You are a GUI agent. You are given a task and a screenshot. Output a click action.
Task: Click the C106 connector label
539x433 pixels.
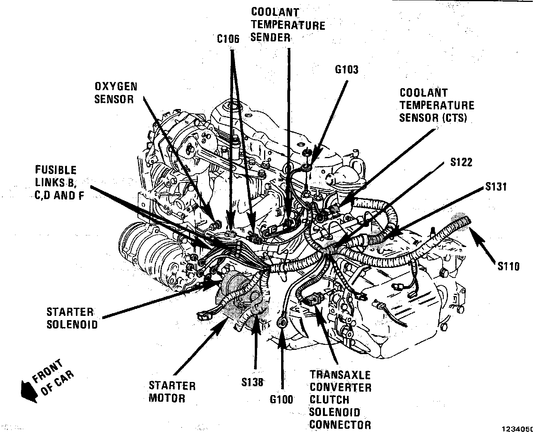pyautogui.click(x=228, y=39)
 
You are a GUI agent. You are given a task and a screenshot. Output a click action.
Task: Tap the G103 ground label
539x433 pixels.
pyautogui.click(x=347, y=70)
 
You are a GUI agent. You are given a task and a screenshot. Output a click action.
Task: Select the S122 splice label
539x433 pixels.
pyautogui.click(x=461, y=162)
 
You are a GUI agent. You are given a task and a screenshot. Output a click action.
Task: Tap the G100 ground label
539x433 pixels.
pyautogui.click(x=282, y=399)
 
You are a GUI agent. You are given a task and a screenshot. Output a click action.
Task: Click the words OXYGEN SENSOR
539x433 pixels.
pyautogui.click(x=116, y=93)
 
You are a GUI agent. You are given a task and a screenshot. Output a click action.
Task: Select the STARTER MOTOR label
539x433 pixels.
pyautogui.click(x=172, y=392)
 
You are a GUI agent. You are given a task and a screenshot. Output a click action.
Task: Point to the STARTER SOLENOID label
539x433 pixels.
pyautogui.click(x=72, y=318)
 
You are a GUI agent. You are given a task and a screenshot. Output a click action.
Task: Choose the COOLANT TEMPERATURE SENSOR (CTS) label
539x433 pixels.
pyautogui.click(x=436, y=105)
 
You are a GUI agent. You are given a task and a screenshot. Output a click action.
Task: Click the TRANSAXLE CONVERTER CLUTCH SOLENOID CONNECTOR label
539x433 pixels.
pyautogui.click(x=340, y=399)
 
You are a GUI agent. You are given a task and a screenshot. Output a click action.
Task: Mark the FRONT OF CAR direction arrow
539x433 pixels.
pyautogui.click(x=28, y=387)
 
